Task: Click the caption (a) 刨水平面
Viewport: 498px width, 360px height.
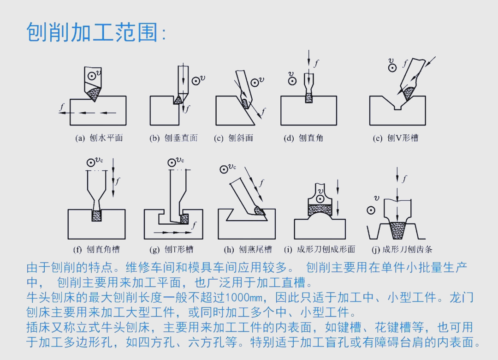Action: coord(99,138)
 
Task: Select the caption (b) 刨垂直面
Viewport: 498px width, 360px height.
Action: coord(173,138)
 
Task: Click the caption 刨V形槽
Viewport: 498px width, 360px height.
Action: coord(396,138)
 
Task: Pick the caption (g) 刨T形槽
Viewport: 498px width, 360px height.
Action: coord(172,249)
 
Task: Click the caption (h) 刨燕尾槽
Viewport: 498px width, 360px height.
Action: coord(248,249)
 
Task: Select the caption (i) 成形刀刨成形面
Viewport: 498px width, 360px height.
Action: coord(320,249)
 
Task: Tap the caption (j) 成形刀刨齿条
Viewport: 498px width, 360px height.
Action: coord(402,249)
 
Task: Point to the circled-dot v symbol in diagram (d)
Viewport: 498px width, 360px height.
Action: coord(292,81)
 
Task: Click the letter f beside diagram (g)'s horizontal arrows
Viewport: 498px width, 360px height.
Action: coord(194,226)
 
